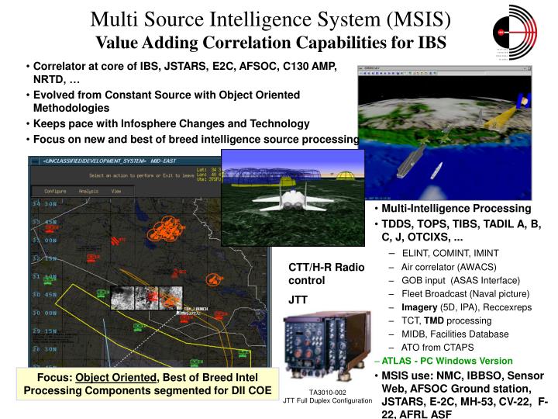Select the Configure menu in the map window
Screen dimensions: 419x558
(55, 190)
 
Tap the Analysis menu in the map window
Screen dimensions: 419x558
(88, 190)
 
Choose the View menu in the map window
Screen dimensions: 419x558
(116, 190)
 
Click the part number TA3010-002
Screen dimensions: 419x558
(327, 393)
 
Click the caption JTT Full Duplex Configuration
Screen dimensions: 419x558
(327, 401)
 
